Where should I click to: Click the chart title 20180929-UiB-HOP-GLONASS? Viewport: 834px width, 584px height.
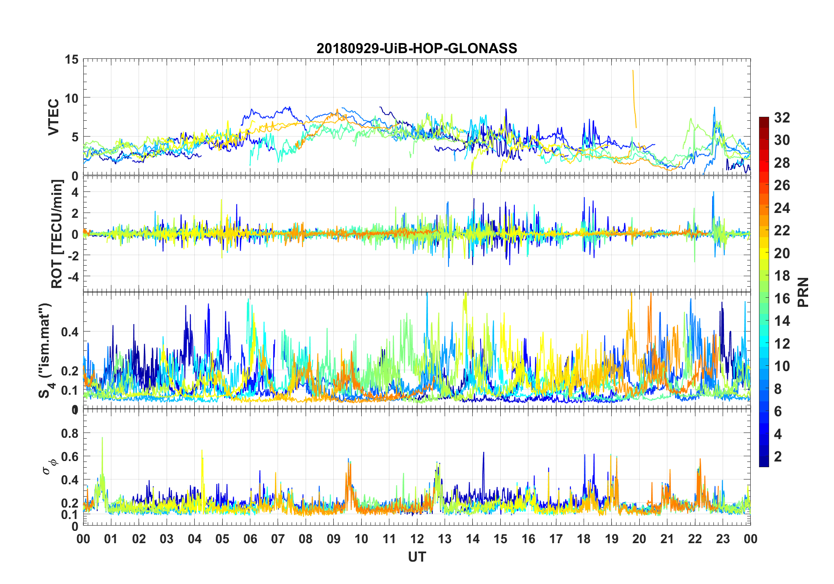click(x=417, y=48)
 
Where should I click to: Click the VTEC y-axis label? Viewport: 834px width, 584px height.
click(x=53, y=117)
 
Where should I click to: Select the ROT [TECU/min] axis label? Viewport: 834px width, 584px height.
click(x=57, y=234)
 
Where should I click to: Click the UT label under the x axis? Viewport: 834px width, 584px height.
click(x=417, y=557)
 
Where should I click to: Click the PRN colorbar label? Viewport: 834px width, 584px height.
click(x=803, y=292)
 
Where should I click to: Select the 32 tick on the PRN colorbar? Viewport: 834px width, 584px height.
click(x=782, y=117)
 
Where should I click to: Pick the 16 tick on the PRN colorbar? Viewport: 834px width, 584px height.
click(x=782, y=298)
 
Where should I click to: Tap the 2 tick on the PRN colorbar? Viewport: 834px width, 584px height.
click(x=778, y=456)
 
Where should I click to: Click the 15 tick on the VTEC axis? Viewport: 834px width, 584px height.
click(x=72, y=59)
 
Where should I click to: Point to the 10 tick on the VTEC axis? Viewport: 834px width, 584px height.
click(x=72, y=98)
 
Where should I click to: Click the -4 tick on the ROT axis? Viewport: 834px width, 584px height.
click(x=73, y=276)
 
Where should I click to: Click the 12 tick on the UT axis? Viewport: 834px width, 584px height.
click(x=417, y=539)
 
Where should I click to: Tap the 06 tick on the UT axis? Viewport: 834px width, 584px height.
click(x=250, y=539)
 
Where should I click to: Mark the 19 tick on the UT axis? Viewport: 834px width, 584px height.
click(x=612, y=539)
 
